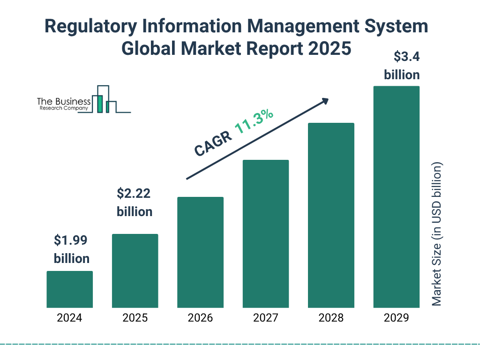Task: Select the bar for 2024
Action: click(x=69, y=289)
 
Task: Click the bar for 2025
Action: click(x=135, y=271)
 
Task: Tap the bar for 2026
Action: click(x=200, y=252)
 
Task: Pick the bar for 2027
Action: click(x=265, y=234)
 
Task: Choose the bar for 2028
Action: click(x=331, y=215)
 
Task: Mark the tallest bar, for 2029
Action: click(x=396, y=197)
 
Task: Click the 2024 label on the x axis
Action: click(x=69, y=318)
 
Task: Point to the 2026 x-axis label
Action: click(x=200, y=318)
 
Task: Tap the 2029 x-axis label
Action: click(x=396, y=318)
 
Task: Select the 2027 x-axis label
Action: click(x=265, y=318)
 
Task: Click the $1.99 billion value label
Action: click(x=71, y=249)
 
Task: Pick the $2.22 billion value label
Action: click(x=135, y=202)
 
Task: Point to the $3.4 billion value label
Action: click(x=401, y=66)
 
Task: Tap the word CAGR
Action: click(x=213, y=143)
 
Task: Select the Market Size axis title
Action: click(x=437, y=234)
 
